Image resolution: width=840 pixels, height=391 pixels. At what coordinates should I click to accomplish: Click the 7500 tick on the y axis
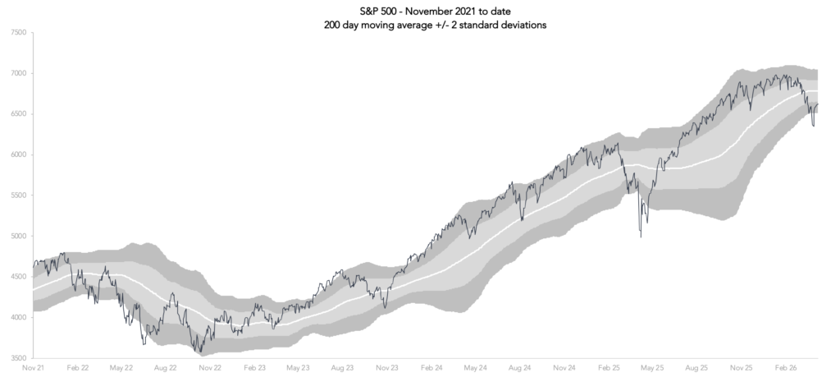click(x=16, y=33)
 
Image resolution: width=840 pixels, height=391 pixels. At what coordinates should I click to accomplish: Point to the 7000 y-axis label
click(x=16, y=73)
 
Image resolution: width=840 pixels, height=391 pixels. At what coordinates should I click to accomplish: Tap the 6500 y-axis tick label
click(x=16, y=114)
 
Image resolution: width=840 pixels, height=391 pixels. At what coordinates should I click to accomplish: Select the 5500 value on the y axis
click(x=16, y=195)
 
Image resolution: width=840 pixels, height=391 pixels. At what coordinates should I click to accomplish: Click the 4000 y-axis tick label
click(x=16, y=317)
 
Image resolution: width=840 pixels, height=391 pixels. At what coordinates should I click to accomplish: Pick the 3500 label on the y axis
click(x=16, y=358)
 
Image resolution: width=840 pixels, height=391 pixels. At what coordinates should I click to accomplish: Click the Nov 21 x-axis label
click(x=34, y=370)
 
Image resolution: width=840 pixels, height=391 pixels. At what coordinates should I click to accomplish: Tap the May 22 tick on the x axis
click(x=122, y=370)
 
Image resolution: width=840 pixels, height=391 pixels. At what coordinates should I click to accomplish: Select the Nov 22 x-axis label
click(x=211, y=370)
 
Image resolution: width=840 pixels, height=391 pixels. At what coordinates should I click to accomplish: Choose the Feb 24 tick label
click(x=432, y=370)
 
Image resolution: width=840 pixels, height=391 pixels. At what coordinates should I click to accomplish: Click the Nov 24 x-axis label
click(x=565, y=370)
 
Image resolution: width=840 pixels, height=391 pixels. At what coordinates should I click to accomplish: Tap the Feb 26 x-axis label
click(x=786, y=370)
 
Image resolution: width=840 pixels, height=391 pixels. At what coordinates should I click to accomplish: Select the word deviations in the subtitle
click(x=523, y=25)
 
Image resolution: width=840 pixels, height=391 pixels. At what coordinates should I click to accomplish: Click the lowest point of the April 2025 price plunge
click(x=641, y=237)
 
